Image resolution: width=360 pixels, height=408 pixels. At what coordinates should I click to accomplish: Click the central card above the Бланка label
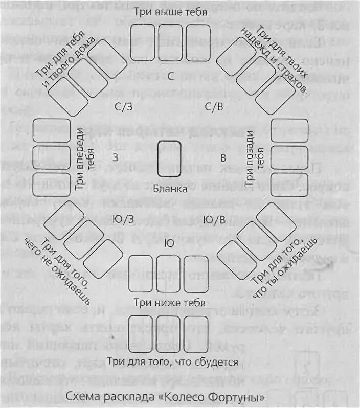[170, 158]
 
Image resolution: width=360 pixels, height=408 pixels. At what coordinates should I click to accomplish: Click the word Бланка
[170, 188]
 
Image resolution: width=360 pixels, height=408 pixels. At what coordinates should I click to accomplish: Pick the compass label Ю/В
[214, 219]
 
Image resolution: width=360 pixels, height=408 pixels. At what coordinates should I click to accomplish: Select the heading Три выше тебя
[170, 11]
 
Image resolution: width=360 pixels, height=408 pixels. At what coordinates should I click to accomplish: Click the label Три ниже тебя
[170, 304]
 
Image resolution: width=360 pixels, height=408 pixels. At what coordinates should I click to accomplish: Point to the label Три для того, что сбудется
[173, 362]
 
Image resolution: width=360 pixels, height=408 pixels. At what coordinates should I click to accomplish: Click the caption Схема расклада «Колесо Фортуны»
[173, 396]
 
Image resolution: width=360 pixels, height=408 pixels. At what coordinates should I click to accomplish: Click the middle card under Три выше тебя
[170, 42]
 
